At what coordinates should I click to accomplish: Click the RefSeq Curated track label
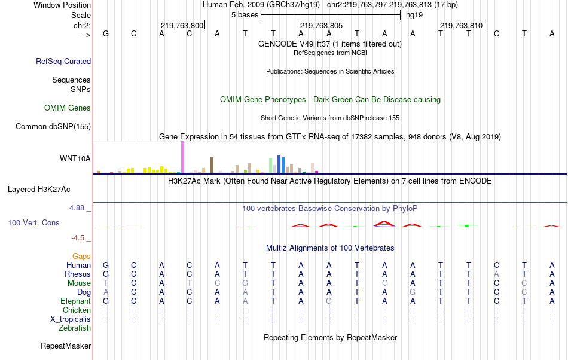(63, 61)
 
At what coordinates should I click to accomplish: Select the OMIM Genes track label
(68, 108)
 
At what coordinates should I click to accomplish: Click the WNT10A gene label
(75, 158)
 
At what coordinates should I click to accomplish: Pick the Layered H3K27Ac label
(39, 190)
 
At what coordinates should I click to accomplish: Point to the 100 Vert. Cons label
(33, 222)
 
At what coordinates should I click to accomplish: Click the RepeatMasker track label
(66, 346)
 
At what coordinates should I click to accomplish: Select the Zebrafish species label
(75, 328)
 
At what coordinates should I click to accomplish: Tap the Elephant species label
(75, 301)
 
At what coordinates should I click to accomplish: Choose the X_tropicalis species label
(71, 319)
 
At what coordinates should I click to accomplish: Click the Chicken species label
(77, 310)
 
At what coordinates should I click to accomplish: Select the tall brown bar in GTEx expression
(212, 164)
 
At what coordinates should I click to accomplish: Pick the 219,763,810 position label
(461, 26)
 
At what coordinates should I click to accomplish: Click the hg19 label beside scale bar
(414, 14)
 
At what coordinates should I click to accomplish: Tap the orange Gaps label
(81, 256)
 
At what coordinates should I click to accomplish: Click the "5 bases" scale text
(245, 14)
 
